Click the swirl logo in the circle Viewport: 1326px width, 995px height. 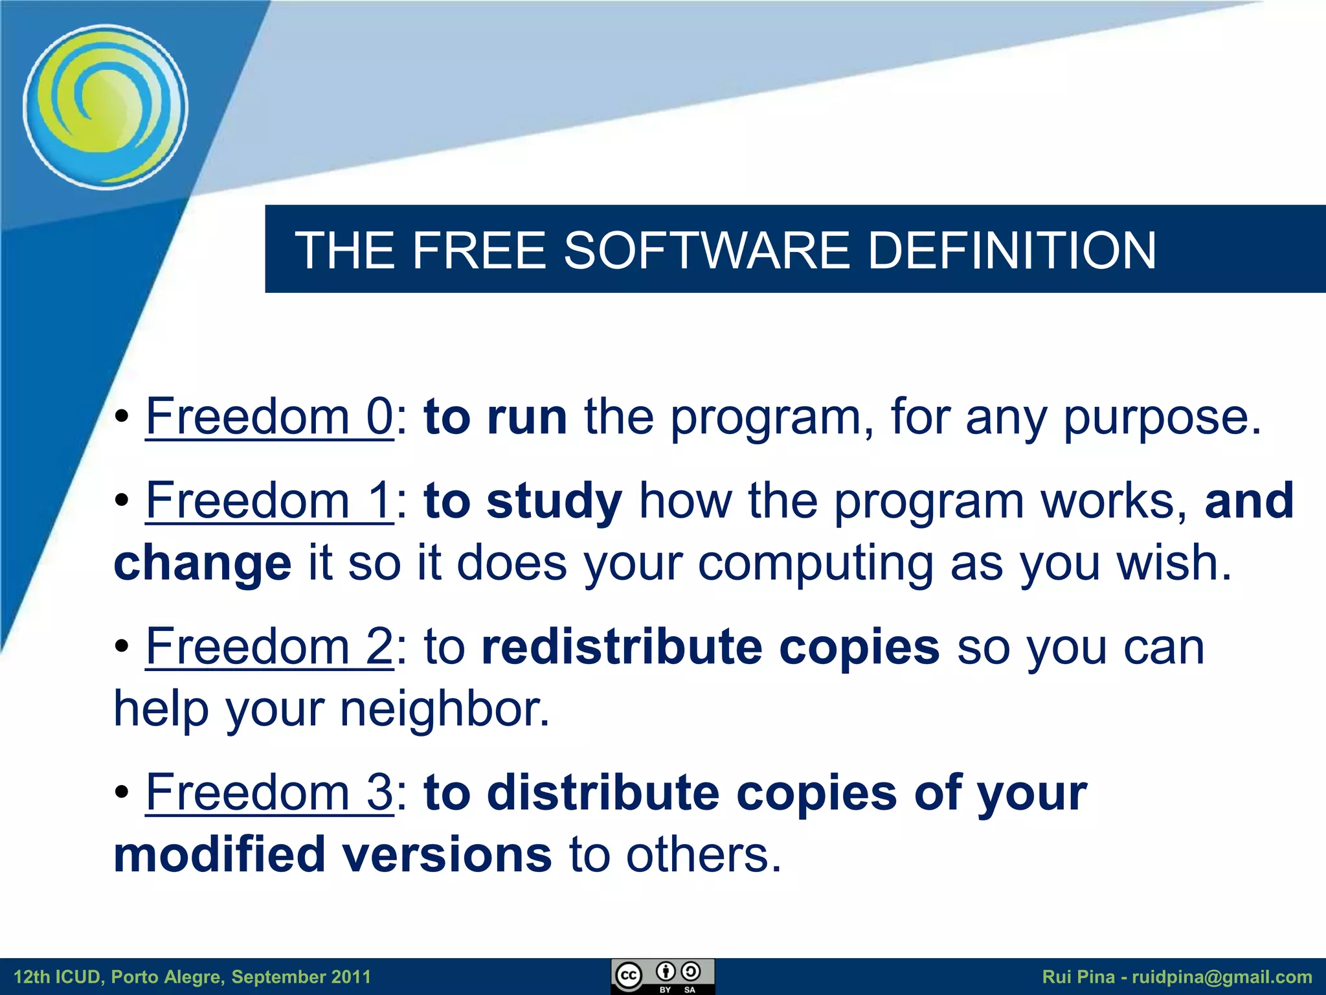point(106,108)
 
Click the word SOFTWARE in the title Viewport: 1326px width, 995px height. point(706,251)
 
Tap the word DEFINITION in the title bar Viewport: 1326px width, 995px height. point(1011,251)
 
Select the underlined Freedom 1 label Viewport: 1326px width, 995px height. point(269,501)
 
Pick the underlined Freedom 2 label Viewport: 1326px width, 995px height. point(269,646)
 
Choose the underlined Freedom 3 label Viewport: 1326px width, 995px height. point(269,793)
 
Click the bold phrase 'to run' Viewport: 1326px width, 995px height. point(495,418)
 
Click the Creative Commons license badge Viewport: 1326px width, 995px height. point(662,976)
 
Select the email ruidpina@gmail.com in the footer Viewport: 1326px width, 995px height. point(1221,977)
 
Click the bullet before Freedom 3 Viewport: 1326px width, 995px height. point(122,793)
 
